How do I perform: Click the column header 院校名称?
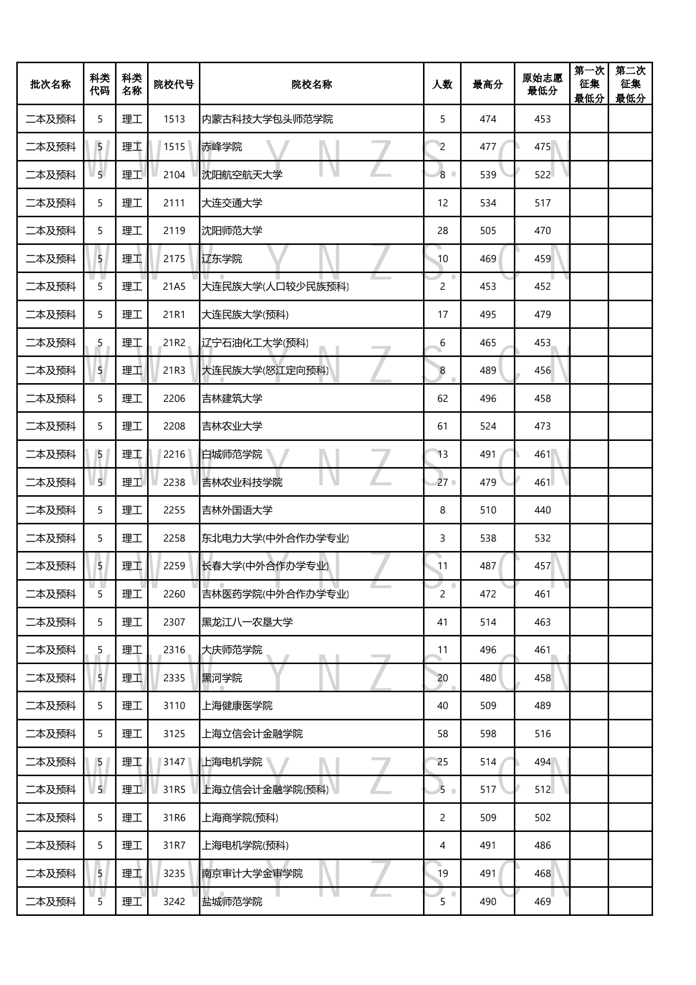[311, 84]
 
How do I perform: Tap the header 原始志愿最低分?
[542, 84]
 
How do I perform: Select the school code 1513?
[174, 119]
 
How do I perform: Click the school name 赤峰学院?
[222, 147]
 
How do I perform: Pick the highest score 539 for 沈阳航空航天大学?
[488, 175]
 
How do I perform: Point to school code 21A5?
[174, 287]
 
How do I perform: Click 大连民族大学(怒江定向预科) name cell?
[265, 371]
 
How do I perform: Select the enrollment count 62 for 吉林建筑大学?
[442, 398]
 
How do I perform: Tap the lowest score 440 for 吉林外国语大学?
[542, 510]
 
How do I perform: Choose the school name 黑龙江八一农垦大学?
[247, 622]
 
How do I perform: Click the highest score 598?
[488, 734]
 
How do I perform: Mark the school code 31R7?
[174, 845]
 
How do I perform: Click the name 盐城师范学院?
[232, 902]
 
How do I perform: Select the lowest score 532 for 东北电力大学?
[542, 538]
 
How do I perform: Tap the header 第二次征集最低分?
[630, 84]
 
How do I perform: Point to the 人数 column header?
[442, 84]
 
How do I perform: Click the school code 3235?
[174, 873]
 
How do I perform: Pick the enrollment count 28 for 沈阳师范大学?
[442, 231]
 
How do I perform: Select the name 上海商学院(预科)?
[240, 818]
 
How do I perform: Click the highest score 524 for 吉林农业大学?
[488, 426]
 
